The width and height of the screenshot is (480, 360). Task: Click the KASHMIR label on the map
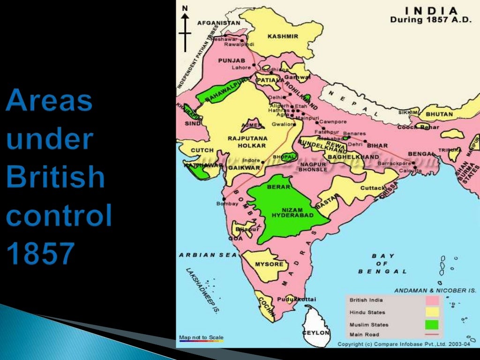tap(283, 36)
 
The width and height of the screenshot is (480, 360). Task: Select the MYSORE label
tap(269, 264)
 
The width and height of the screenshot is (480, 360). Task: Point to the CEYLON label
tap(316, 332)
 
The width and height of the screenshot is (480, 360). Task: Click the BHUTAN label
tap(439, 114)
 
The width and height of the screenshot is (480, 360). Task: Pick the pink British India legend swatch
tap(432, 300)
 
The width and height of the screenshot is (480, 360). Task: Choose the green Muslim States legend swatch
tap(432, 324)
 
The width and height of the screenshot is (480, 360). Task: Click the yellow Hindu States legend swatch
tap(432, 312)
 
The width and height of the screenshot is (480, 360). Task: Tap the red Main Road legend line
tap(432, 335)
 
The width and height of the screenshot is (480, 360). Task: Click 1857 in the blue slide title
tap(40, 253)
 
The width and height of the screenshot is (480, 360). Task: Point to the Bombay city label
tap(227, 203)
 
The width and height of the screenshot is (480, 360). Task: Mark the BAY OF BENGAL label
tap(382, 263)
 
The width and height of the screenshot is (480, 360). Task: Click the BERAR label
tap(276, 187)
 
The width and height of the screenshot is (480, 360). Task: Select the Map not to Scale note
tap(201, 337)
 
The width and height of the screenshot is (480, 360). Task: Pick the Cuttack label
tap(373, 188)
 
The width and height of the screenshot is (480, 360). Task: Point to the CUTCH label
tap(202, 150)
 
